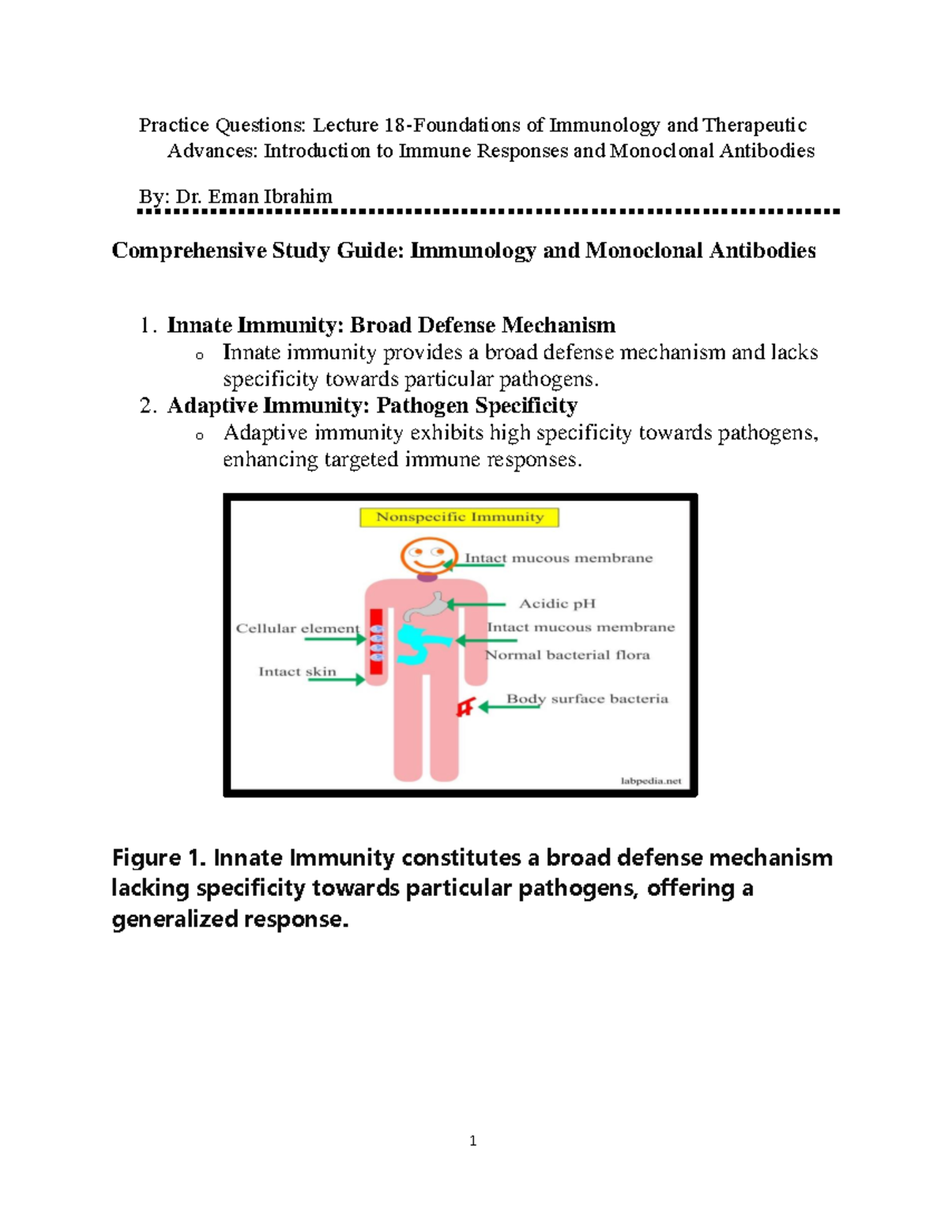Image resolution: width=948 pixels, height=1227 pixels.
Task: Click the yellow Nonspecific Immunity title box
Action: [x=459, y=518]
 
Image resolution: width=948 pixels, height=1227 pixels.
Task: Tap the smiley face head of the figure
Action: [x=427, y=555]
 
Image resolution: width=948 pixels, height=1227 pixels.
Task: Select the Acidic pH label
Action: [x=557, y=604]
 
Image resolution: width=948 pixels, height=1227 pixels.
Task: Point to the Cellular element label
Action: [x=297, y=628]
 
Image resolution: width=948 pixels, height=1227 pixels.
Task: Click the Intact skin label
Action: [x=297, y=672]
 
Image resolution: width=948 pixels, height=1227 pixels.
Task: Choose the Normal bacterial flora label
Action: [x=567, y=655]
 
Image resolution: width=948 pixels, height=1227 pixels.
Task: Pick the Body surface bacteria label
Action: [x=587, y=698]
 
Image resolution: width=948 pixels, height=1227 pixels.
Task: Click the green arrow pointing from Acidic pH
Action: [x=476, y=604]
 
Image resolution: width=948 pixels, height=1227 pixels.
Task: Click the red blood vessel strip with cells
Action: [x=376, y=642]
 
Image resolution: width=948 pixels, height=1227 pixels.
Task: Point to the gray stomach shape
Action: [x=427, y=607]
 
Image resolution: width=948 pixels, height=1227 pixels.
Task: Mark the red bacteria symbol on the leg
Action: [x=465, y=707]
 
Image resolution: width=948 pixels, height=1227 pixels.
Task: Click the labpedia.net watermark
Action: [x=650, y=781]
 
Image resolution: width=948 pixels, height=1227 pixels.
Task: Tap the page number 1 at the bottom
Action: [x=472, y=1141]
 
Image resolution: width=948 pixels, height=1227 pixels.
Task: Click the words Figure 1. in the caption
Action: [x=158, y=858]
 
